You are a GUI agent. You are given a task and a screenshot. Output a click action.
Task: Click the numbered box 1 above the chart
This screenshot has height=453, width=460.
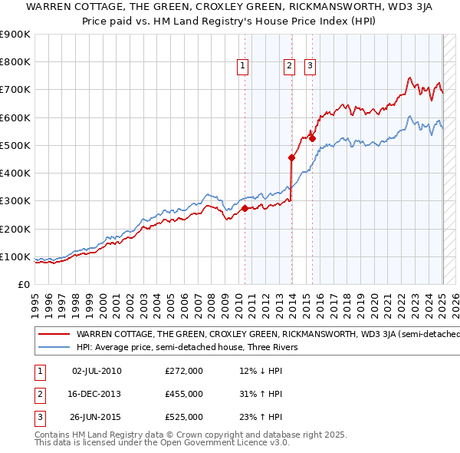242,67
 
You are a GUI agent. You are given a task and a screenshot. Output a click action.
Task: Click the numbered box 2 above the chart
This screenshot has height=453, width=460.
289,67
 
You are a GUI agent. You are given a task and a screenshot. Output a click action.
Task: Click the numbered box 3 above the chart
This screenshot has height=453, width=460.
310,67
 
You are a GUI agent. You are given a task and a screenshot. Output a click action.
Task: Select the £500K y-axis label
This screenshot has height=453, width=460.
15,145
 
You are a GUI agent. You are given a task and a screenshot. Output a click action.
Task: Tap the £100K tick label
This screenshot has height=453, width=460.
15,256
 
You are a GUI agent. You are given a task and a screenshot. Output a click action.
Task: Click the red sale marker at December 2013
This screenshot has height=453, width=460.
292,158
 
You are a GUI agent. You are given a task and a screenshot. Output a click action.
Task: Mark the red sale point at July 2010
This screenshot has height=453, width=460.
245,208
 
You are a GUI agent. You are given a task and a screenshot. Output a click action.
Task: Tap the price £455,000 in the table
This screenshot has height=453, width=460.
184,394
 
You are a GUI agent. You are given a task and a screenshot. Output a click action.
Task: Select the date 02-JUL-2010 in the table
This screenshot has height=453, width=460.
97,370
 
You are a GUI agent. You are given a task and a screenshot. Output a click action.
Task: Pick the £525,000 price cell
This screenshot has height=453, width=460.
184,418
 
